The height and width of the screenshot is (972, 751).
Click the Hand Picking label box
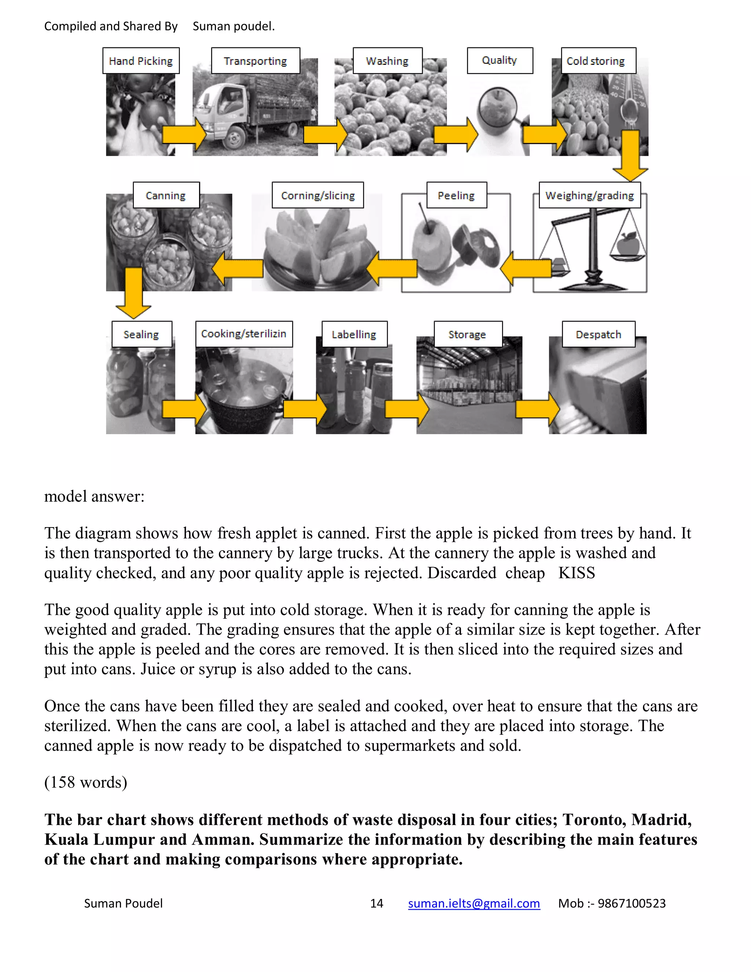tap(140, 61)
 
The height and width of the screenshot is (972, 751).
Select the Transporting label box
tap(255, 61)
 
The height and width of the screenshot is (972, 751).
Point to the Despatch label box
tap(598, 334)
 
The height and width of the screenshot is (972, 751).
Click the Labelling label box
tap(354, 334)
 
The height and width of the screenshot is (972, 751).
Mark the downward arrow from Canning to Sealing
tap(133, 292)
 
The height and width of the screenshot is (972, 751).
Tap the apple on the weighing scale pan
tap(628, 244)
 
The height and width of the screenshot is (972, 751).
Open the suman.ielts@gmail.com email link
tap(474, 903)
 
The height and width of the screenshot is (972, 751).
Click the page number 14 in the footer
tap(376, 903)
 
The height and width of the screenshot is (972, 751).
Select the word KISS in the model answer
tap(576, 573)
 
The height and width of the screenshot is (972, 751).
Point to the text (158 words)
tap(85, 782)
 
